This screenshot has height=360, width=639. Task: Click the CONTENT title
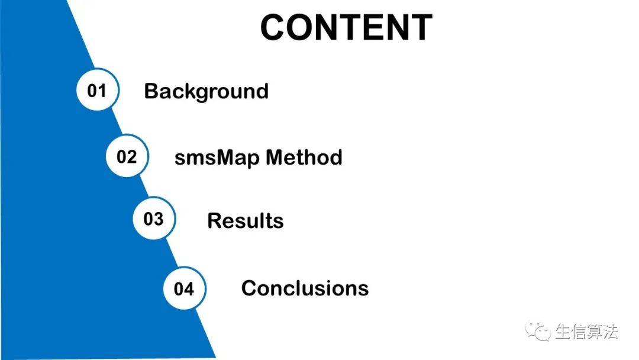(x=346, y=27)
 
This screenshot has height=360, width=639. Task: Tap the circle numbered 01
(x=97, y=91)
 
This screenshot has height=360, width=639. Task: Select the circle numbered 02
(x=127, y=157)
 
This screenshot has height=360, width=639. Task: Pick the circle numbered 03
(x=154, y=219)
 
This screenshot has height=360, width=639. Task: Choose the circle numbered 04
(x=184, y=289)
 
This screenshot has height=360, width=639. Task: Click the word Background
(x=206, y=91)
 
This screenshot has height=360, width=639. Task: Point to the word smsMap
(x=217, y=157)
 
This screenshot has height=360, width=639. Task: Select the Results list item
(x=245, y=221)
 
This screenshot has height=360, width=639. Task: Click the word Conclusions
(x=305, y=288)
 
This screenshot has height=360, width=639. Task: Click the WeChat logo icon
(x=539, y=332)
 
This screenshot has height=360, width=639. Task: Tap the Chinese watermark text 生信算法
(x=586, y=332)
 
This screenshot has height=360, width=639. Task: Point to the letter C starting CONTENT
(x=275, y=28)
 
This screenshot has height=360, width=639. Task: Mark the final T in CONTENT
(x=421, y=28)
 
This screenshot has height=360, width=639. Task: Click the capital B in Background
(x=151, y=91)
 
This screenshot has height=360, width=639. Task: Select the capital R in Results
(x=215, y=221)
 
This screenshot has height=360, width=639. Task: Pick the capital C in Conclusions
(x=249, y=288)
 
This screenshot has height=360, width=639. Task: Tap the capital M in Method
(x=276, y=157)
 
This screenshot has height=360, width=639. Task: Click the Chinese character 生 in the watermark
(x=563, y=332)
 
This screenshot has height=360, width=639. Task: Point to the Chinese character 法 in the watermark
(x=610, y=332)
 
